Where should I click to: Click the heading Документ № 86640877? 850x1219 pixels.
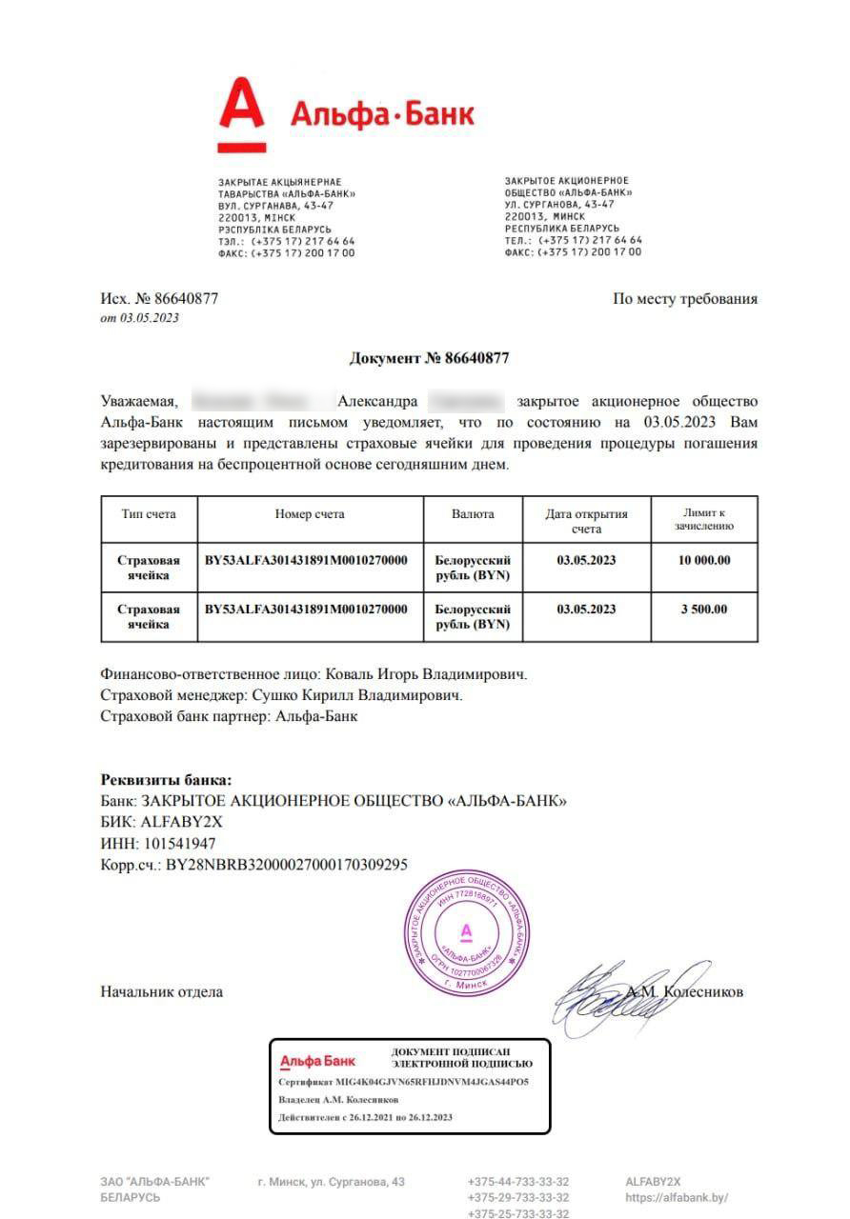(x=429, y=358)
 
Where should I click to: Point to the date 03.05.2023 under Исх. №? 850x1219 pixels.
(x=149, y=318)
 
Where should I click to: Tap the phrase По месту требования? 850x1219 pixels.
(x=685, y=299)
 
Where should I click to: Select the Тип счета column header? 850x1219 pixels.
(x=149, y=514)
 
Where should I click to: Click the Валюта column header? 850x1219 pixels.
(x=473, y=514)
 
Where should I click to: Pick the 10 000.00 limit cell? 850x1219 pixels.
(x=704, y=560)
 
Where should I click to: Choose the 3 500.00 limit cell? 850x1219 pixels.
(x=704, y=609)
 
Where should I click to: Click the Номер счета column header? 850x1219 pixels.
(x=310, y=514)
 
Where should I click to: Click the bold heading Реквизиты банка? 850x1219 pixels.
(x=166, y=779)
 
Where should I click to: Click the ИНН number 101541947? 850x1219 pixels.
(x=178, y=843)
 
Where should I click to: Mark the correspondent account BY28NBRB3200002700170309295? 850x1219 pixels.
(x=287, y=865)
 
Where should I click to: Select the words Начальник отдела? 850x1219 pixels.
(x=161, y=991)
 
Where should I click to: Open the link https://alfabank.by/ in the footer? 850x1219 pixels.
(x=677, y=1197)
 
